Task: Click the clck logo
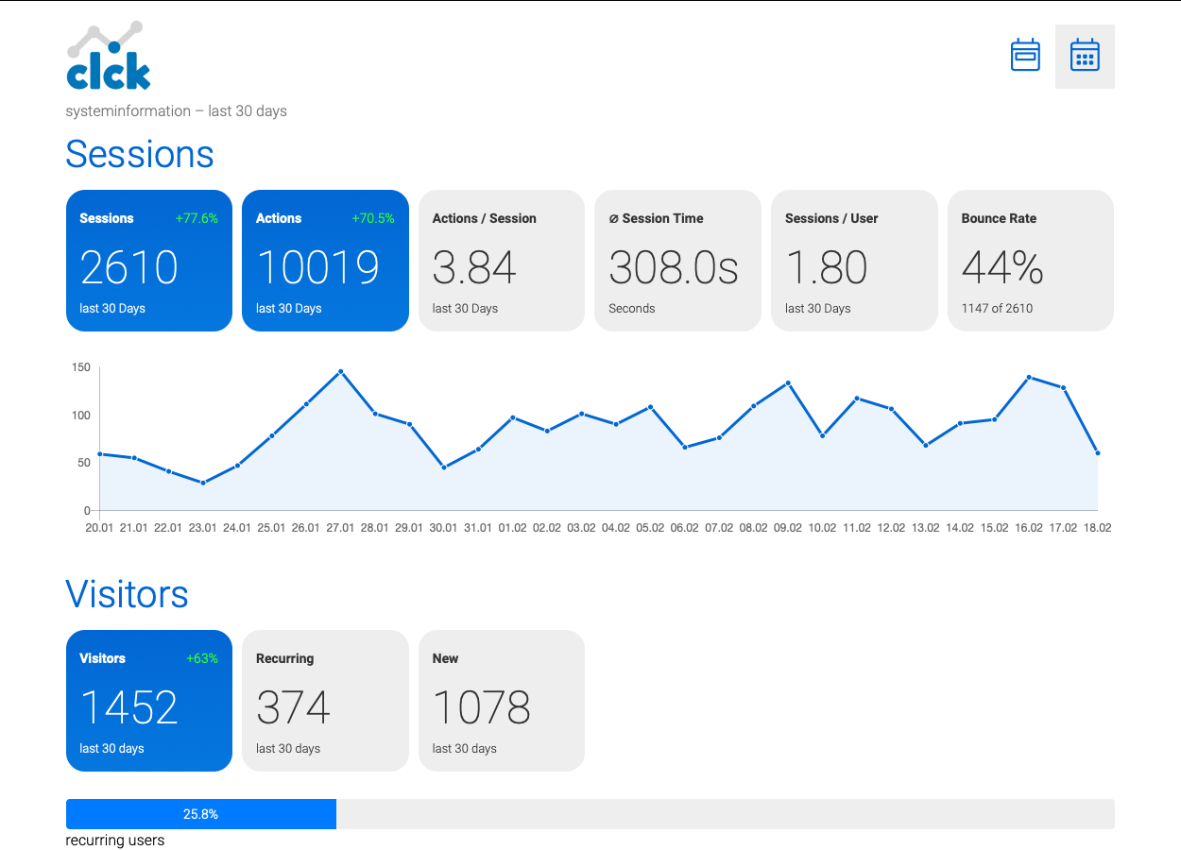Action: pos(109,56)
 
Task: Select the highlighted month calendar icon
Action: pos(1085,55)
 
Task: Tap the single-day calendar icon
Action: pos(1025,55)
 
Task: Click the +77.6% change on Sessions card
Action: pos(197,218)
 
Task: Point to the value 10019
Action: pos(317,267)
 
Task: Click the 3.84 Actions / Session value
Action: pos(473,267)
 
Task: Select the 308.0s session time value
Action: pos(673,267)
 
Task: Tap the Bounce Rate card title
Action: pos(999,218)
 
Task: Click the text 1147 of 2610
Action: pos(997,308)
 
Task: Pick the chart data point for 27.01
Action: pos(340,371)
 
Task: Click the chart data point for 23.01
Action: pos(203,483)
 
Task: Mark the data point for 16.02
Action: pos(1029,378)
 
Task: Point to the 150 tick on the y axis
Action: pos(80,367)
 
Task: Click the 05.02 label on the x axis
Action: pos(650,528)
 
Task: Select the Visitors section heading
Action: pos(127,594)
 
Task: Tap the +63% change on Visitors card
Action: pos(202,658)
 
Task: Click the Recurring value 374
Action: pos(293,707)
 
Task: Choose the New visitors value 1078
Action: pos(481,707)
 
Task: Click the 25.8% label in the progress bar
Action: pos(200,814)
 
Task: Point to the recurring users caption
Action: pos(115,840)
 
